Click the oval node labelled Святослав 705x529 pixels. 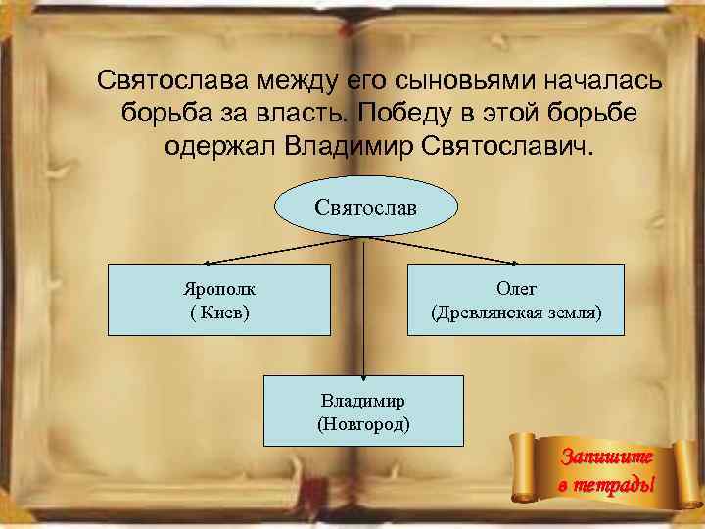click(365, 209)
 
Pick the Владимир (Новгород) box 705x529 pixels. click(363, 410)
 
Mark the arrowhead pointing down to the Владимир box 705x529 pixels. click(363, 373)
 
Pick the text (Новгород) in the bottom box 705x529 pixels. click(363, 423)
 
